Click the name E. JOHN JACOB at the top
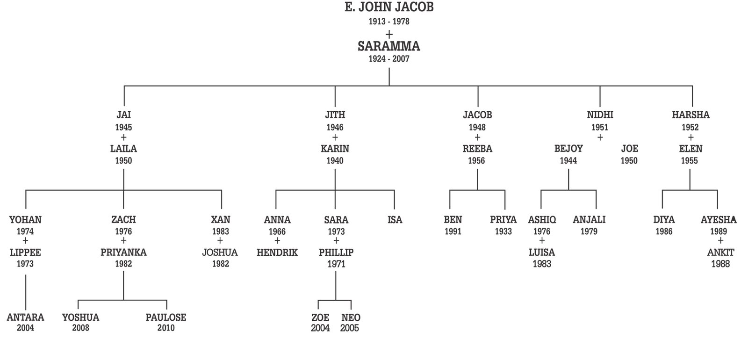tap(389, 7)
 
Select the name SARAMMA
tap(389, 46)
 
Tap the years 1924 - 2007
tap(389, 59)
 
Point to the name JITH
tap(335, 115)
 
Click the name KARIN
tap(335, 149)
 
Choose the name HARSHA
tap(690, 115)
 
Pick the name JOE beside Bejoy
tap(629, 149)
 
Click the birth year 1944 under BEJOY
tap(568, 161)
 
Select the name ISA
tap(395, 220)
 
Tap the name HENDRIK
tap(277, 252)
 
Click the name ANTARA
tap(26, 317)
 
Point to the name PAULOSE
tap(166, 317)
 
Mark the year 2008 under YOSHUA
tap(80, 328)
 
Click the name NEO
tap(351, 317)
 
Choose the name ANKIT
tap(720, 252)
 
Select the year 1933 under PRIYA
tap(503, 231)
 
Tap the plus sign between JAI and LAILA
tap(123, 137)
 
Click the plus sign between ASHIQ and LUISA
tap(542, 241)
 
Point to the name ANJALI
tap(589, 220)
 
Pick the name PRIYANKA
tap(123, 252)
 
